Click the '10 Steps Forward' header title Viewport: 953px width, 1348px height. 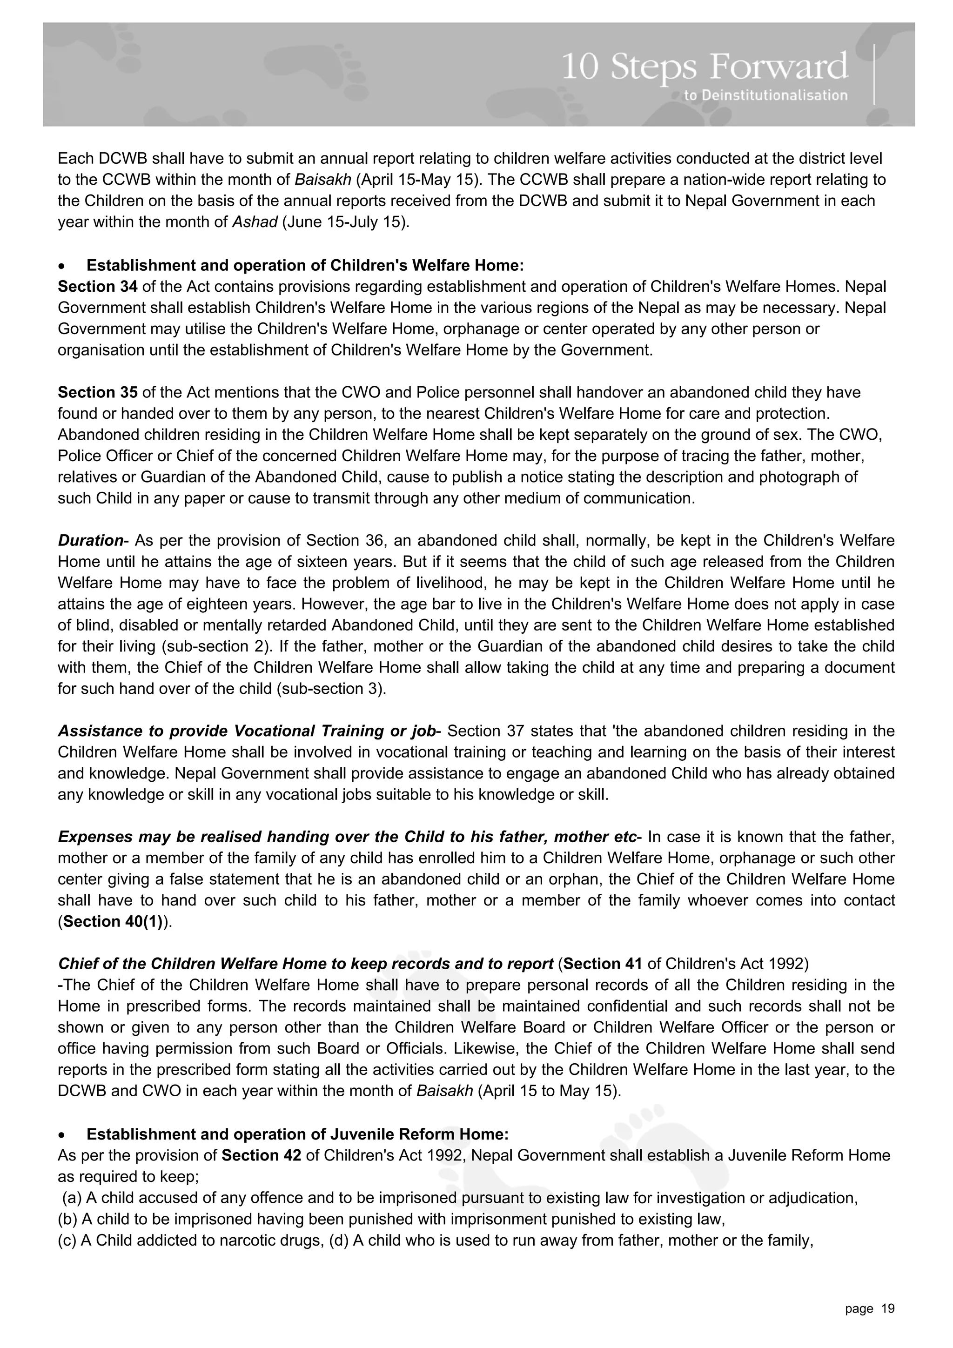[x=705, y=67]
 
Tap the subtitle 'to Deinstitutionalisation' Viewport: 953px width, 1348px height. [x=765, y=95]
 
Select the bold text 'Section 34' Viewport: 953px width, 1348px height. [x=97, y=287]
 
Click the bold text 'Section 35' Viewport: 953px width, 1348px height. [x=97, y=392]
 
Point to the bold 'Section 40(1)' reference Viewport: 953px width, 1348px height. [x=115, y=921]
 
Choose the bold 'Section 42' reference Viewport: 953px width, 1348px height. [x=262, y=1155]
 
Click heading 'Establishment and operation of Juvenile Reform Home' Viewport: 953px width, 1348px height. [x=297, y=1133]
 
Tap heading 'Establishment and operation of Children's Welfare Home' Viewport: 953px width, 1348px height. [x=305, y=265]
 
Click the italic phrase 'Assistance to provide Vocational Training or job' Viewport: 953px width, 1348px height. [x=247, y=731]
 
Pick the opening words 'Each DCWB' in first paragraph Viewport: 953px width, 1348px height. [x=88, y=159]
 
